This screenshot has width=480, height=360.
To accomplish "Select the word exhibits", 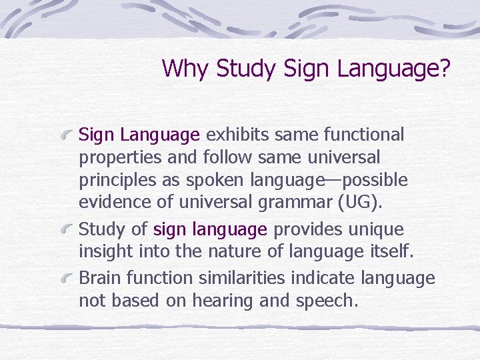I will pyautogui.click(x=235, y=135).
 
